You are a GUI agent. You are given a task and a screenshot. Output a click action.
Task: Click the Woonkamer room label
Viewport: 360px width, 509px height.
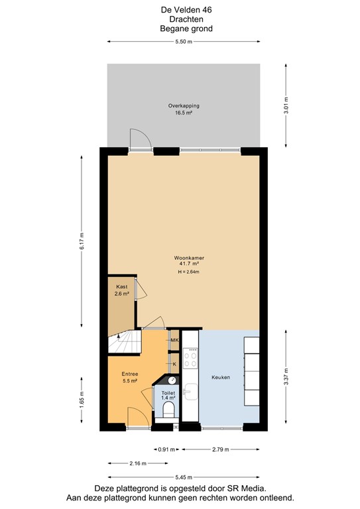[184, 257]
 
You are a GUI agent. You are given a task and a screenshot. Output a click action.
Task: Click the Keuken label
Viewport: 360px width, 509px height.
[221, 377]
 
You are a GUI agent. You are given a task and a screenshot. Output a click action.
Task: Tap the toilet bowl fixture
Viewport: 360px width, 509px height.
[168, 410]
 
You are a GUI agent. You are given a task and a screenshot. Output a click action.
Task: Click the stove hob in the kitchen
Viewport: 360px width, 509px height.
[190, 359]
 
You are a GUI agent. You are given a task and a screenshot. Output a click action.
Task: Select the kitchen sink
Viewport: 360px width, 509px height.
[190, 392]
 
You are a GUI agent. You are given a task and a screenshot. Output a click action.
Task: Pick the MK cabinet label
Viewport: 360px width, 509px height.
[175, 341]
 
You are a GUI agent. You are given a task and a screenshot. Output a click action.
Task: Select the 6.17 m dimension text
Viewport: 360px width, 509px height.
[82, 241]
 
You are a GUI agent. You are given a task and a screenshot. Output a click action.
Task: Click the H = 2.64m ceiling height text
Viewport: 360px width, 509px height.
[188, 272]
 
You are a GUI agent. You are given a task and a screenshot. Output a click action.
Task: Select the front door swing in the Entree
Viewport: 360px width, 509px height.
[137, 417]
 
